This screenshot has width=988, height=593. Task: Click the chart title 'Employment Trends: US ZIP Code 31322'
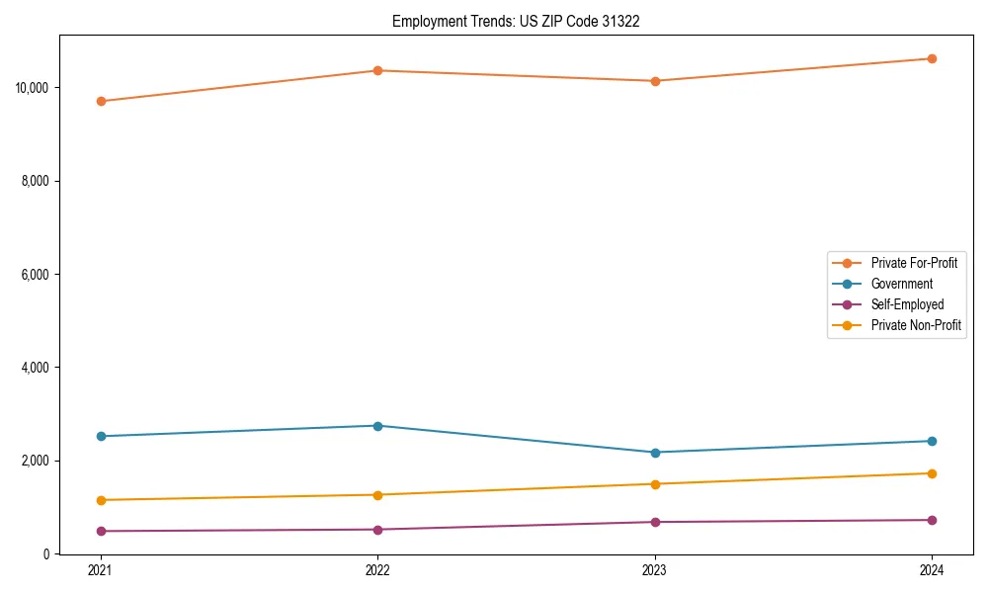(516, 21)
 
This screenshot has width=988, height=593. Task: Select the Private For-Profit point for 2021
(101, 101)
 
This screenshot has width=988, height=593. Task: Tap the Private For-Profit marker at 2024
(932, 58)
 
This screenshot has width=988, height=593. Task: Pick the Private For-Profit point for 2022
(377, 70)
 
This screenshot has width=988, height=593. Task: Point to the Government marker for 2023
(655, 453)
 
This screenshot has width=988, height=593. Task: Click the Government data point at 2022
(377, 426)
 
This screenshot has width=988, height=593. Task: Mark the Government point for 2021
(101, 436)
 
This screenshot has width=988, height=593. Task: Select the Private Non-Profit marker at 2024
(932, 473)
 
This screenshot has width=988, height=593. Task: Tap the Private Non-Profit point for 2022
(377, 495)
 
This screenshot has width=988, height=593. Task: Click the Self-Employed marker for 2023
(655, 522)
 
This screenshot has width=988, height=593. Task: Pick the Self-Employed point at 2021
(101, 531)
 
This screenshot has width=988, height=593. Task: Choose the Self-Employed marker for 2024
(932, 520)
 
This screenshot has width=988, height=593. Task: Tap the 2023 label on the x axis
(655, 570)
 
